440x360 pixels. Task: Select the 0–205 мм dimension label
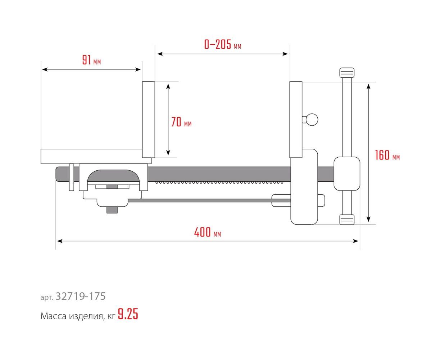[x=222, y=45]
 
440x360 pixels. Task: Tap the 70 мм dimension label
[x=181, y=122]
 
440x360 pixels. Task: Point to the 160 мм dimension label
[x=387, y=156]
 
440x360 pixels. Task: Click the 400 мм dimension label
[x=207, y=233]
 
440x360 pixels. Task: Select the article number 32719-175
[x=81, y=296]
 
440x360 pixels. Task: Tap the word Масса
[x=53, y=316]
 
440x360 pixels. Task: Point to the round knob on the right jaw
[x=312, y=119]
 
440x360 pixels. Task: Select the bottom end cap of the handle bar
[x=347, y=219]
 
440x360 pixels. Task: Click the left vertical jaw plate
[x=148, y=120]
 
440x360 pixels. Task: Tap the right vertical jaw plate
[x=296, y=120]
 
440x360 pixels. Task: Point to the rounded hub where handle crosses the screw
[x=347, y=174]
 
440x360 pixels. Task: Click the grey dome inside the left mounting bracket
[x=112, y=176]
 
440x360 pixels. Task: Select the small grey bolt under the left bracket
[x=112, y=210]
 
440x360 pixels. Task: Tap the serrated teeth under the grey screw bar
[x=219, y=183]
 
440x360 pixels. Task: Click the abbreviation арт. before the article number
[x=46, y=297]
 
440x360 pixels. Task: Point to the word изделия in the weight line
[x=86, y=316]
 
